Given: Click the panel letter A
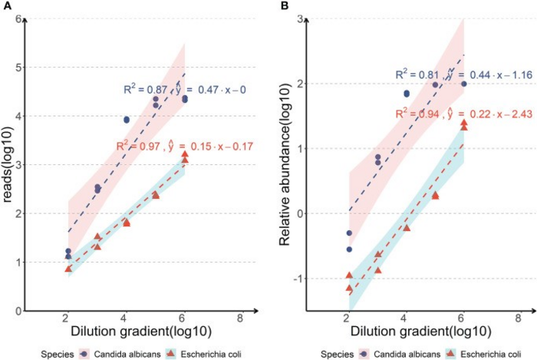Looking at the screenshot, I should [5, 6].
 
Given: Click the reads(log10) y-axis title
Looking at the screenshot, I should [9, 165].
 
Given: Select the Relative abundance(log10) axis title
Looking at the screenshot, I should [285, 165].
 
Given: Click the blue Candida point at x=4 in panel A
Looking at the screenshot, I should [127, 120].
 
